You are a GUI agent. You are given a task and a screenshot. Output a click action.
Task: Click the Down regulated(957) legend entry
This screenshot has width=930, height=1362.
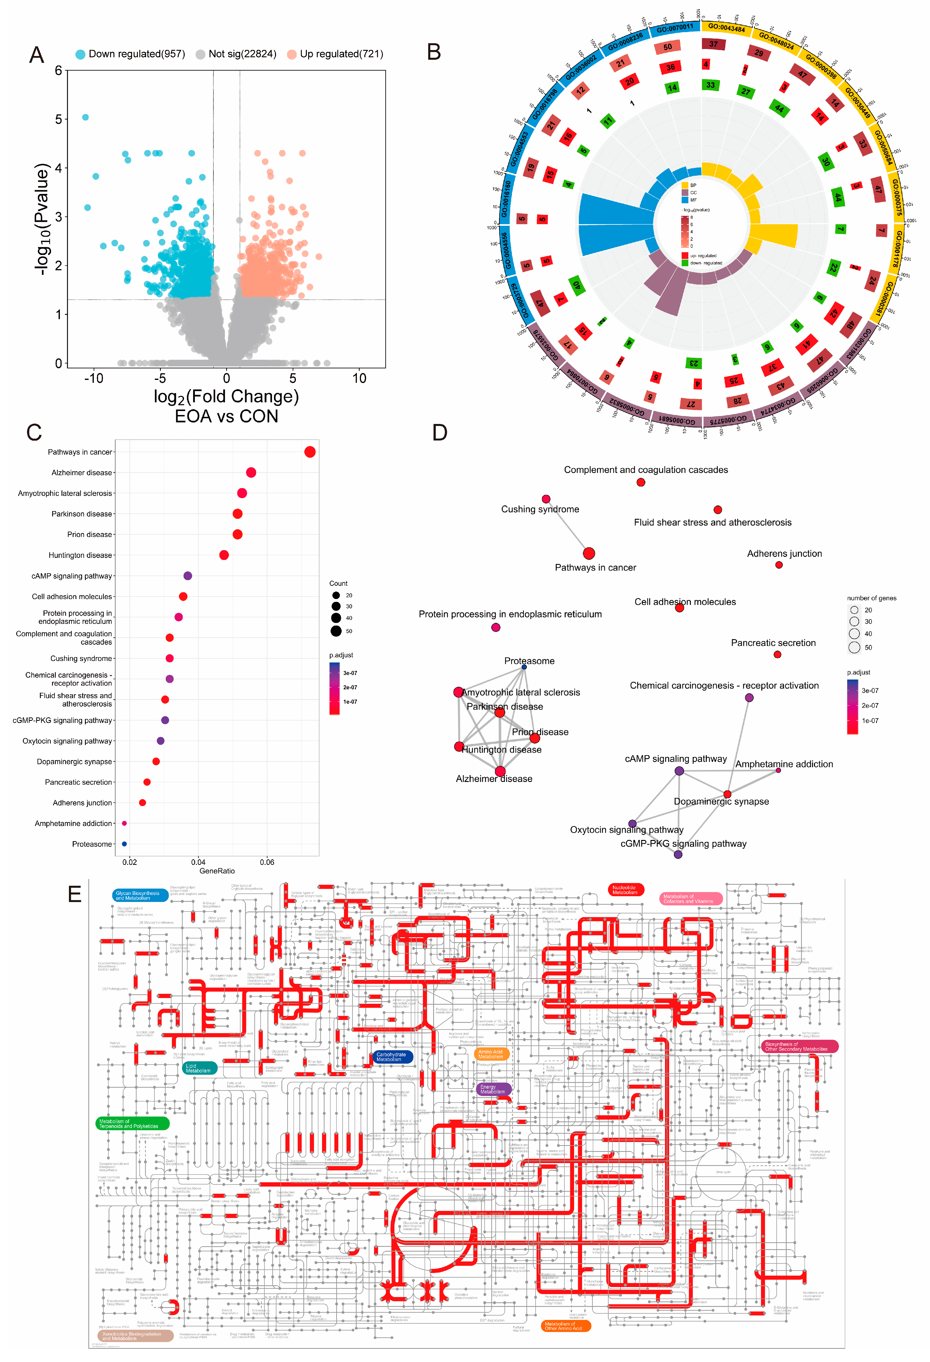coord(136,54)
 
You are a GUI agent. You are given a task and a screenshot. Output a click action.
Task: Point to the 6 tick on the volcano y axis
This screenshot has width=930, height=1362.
coord(58,71)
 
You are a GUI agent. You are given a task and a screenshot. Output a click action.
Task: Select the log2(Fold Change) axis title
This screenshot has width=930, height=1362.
coord(226,397)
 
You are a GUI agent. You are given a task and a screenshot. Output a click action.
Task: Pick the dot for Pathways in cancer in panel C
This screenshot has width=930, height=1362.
coord(310,452)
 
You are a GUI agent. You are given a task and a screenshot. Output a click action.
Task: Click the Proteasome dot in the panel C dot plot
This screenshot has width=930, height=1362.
coord(124,844)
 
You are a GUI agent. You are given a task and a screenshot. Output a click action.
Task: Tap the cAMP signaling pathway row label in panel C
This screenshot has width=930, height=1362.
coord(71,576)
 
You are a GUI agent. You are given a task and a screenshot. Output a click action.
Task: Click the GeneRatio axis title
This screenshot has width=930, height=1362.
coord(217,871)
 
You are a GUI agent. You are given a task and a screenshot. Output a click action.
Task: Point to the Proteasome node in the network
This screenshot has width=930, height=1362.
coord(524,667)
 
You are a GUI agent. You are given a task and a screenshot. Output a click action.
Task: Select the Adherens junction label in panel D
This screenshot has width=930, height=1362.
coord(784,554)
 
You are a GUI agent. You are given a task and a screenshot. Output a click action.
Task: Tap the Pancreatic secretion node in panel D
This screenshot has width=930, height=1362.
coord(777,655)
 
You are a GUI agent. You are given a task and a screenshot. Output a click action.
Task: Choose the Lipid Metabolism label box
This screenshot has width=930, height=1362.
coord(199,1068)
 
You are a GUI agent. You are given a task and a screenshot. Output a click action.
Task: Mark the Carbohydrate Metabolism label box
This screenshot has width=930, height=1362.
coord(391,1057)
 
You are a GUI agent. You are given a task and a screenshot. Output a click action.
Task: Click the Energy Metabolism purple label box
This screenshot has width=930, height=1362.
coord(493,1089)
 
